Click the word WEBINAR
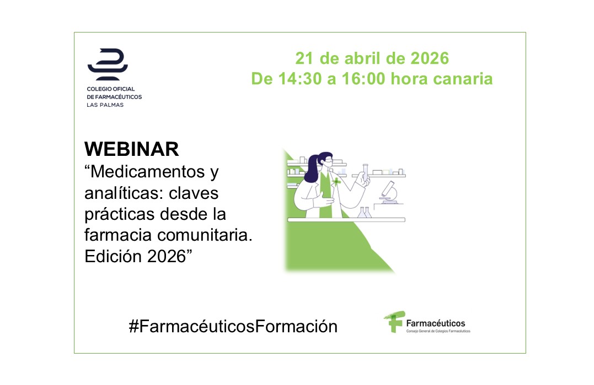[x=131, y=149]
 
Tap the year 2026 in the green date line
[x=430, y=58]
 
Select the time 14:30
[x=299, y=79]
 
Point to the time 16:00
[x=363, y=79]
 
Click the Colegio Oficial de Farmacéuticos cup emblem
[x=108, y=64]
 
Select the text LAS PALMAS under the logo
[x=105, y=105]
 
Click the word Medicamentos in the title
[x=148, y=172]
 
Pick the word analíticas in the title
[x=124, y=193]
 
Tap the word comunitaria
[x=205, y=235]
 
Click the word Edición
[x=113, y=256]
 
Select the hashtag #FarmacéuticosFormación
[x=233, y=326]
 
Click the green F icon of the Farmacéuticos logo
[x=395, y=322]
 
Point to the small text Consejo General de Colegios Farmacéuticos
[x=438, y=331]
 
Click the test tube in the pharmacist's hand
[x=366, y=173]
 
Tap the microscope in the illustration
[x=389, y=193]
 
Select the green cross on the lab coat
[x=336, y=182]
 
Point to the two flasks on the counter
[x=365, y=213]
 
